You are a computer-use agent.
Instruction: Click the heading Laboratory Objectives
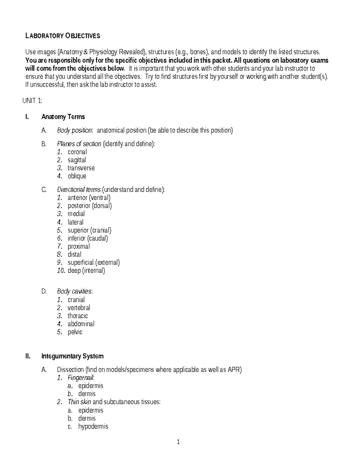pos(63,36)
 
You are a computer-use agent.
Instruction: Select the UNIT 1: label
pos(32,101)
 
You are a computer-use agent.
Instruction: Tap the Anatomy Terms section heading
pos(63,117)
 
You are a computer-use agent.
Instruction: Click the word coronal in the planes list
pos(77,152)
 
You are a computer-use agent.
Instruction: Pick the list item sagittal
pos(77,160)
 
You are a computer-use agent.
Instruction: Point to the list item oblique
pos(77,176)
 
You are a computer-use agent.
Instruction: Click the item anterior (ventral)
pos(89,198)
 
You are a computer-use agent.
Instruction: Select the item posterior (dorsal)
pos(90,206)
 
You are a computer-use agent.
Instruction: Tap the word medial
pos(76,214)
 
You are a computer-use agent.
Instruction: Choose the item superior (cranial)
pos(89,230)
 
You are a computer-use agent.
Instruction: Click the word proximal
pos(79,246)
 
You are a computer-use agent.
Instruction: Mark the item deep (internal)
pos(86,271)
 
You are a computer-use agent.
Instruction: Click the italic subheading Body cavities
pos(74,291)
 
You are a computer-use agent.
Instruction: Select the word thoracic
pos(78,316)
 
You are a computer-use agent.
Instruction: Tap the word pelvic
pos(75,332)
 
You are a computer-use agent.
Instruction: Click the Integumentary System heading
pos(72,356)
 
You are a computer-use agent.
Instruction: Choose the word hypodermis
pos(93,426)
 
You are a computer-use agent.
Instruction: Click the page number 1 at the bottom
pos(178,442)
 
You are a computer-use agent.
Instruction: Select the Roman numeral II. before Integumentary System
pos(28,356)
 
